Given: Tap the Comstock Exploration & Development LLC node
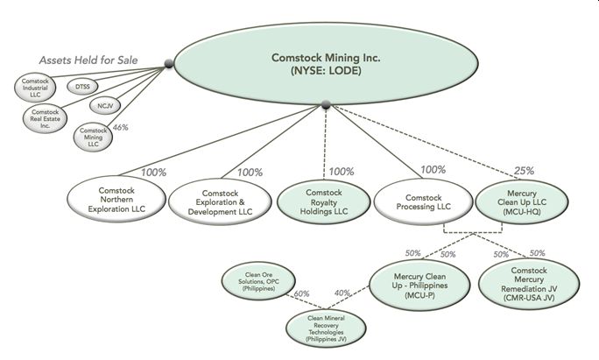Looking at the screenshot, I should (x=215, y=198).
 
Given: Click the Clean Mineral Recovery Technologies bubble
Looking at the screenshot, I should (x=319, y=326).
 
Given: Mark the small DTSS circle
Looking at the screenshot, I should (x=83, y=87).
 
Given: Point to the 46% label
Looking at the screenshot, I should (x=120, y=127).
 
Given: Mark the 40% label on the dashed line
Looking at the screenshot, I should (x=342, y=293).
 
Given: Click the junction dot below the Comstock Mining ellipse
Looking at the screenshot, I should (x=326, y=105).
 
